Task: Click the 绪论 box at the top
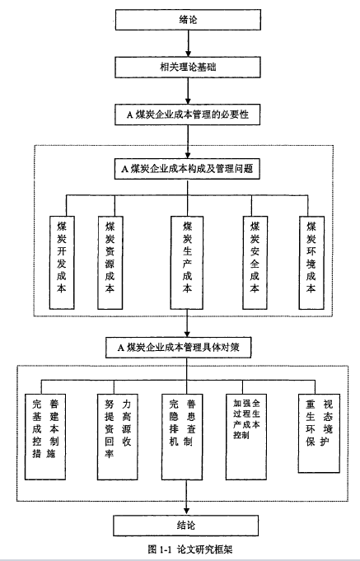tap(188, 20)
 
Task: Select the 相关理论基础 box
tap(188, 68)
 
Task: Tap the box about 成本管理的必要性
tap(188, 115)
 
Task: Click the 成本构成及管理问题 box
tap(187, 169)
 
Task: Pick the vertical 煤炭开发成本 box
tap(62, 262)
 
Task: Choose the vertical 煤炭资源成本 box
tap(110, 262)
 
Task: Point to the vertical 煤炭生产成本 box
tap(187, 262)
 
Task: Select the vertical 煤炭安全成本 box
tap(255, 262)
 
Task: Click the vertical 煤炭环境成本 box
tap(311, 262)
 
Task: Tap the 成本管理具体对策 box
tap(178, 347)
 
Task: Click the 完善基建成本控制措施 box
tap(45, 437)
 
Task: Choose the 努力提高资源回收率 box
tap(118, 437)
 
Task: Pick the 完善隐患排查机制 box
tap(182, 437)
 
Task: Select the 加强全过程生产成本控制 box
tap(246, 437)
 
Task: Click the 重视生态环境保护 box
tap(319, 433)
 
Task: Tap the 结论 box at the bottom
tap(186, 526)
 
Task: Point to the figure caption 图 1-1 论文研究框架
tap(189, 549)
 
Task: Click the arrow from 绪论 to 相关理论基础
tap(188, 44)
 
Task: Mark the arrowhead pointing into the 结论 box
tap(186, 511)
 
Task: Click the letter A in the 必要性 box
tap(129, 115)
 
